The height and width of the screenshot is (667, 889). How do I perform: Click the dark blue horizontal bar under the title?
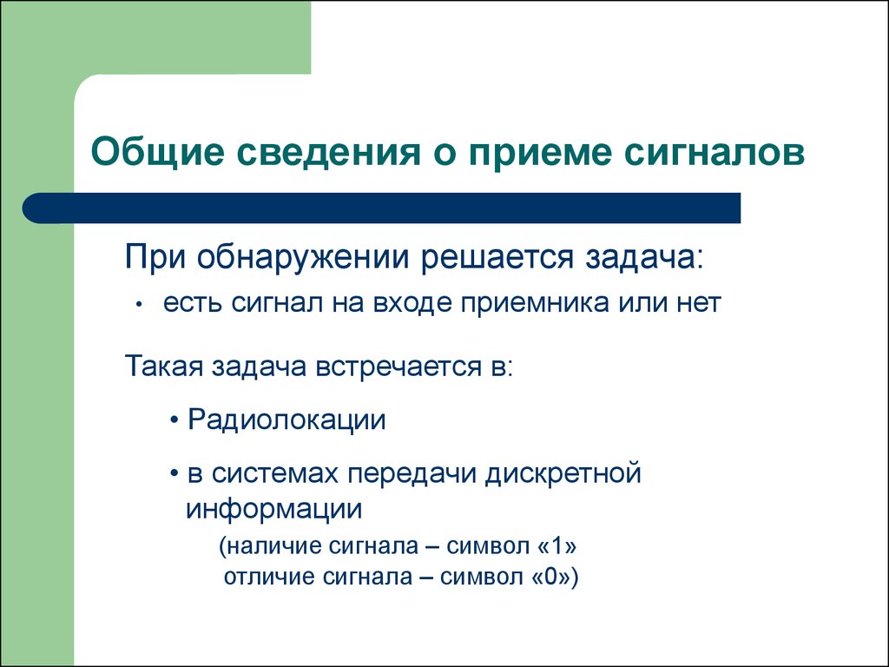(382, 208)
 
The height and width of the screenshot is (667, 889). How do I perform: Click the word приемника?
(534, 303)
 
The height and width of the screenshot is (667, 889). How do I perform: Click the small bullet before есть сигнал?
(138, 305)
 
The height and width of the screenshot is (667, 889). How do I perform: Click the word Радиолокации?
(286, 420)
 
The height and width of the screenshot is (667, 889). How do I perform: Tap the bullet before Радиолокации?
(175, 421)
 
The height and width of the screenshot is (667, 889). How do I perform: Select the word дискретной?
(563, 474)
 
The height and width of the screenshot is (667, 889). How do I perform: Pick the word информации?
(273, 510)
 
